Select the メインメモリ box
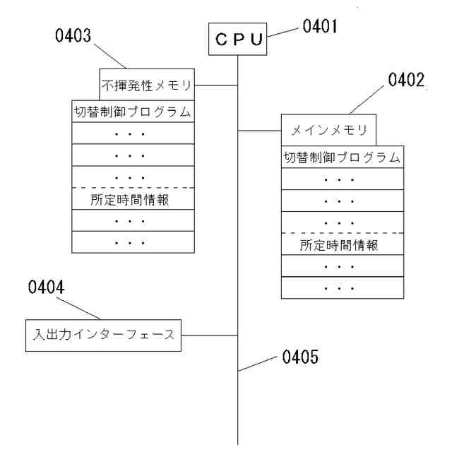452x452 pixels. tap(328, 131)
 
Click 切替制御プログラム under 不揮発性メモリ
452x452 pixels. tap(133, 112)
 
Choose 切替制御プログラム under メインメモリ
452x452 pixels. tap(341, 157)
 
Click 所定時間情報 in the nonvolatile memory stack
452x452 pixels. tap(133, 199)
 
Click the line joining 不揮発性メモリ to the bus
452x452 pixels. tap(216, 86)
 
